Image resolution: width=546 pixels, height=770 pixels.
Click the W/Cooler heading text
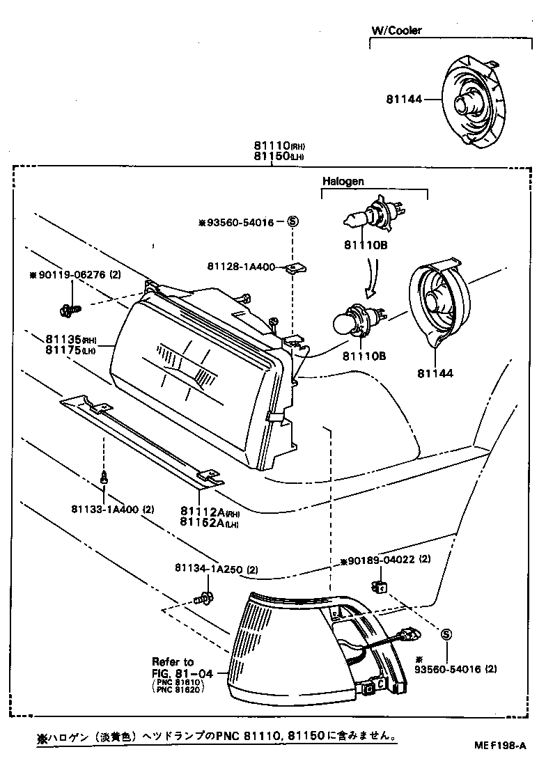pos(396,31)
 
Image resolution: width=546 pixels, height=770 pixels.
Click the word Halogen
pos(343,181)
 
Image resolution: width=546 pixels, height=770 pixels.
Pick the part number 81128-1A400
pos(242,267)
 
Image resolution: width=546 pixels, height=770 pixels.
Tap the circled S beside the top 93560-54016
pos(292,223)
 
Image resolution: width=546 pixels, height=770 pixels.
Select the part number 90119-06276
pos(70,275)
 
